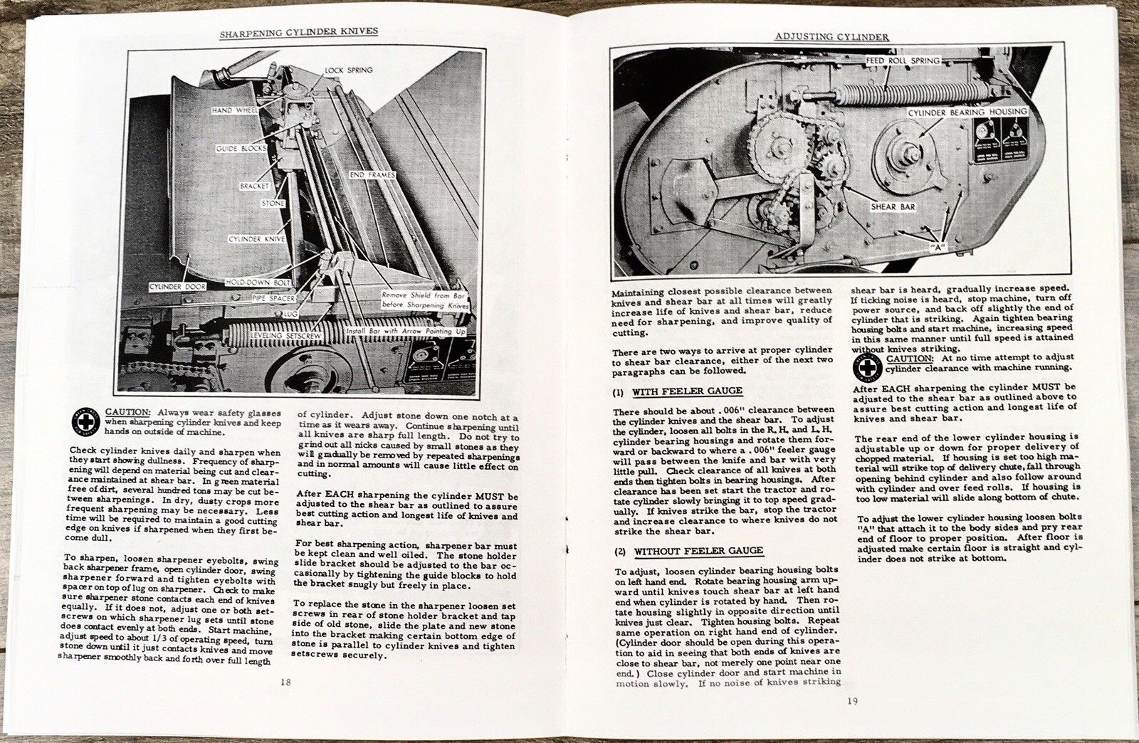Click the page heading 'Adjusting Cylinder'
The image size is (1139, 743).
click(831, 36)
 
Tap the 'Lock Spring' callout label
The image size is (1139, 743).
click(348, 70)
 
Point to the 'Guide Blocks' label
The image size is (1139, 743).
click(241, 149)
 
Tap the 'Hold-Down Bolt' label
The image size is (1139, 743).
click(256, 282)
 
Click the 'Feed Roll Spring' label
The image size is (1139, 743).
click(903, 61)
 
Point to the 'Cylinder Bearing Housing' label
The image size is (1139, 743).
click(967, 112)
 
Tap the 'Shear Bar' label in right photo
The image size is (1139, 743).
click(893, 207)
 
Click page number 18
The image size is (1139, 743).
click(285, 681)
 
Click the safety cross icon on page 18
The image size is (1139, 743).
click(85, 422)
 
